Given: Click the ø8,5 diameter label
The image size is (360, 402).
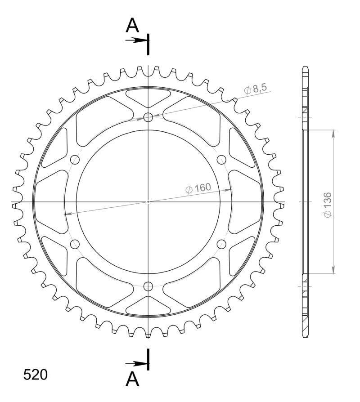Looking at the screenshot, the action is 255,89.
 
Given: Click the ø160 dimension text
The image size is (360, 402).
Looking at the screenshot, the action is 198,188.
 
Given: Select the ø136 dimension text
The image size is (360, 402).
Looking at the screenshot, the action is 328,205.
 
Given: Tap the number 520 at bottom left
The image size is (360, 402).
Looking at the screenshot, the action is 36,375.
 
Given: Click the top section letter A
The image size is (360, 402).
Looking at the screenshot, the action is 132,25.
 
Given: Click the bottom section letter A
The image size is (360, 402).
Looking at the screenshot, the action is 132,379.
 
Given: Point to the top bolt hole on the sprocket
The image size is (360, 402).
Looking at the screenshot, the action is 148,118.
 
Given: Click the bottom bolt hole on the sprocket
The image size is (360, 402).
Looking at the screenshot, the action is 148,286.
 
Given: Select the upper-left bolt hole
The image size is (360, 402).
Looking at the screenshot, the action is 75,160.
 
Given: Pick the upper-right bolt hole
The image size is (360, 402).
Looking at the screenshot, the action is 221,160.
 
